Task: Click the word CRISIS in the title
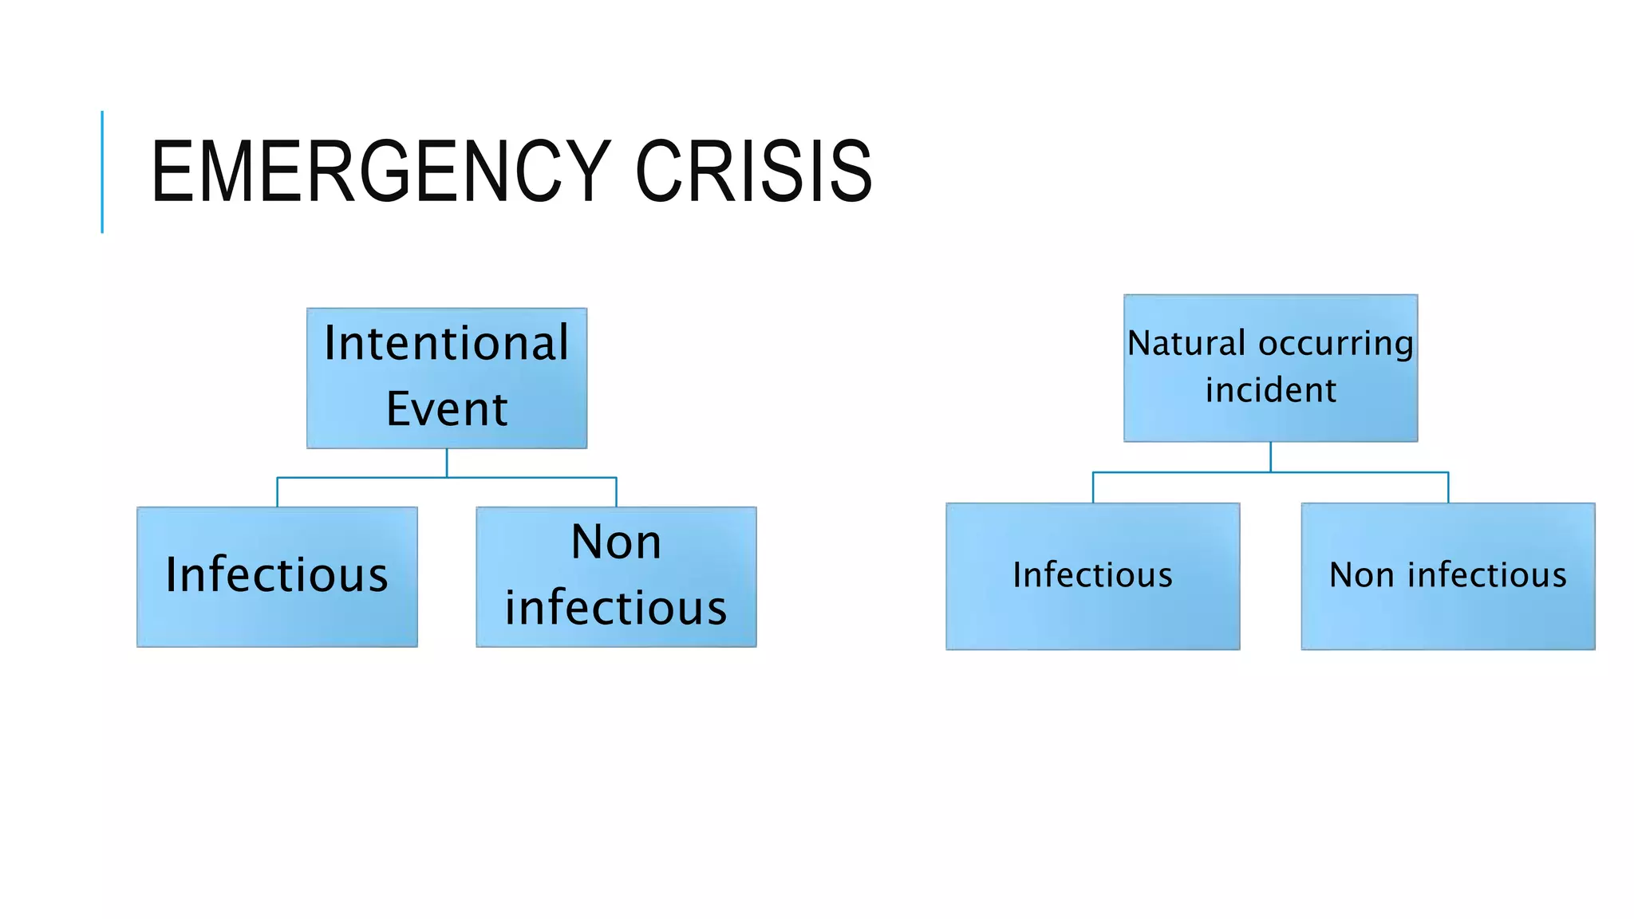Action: (x=753, y=172)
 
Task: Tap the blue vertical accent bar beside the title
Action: (x=102, y=172)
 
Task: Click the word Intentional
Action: (x=447, y=344)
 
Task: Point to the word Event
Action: (x=447, y=409)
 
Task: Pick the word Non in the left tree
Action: (x=616, y=542)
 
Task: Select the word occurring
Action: (x=1336, y=344)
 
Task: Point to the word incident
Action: (x=1270, y=390)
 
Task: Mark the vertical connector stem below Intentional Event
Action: (x=447, y=463)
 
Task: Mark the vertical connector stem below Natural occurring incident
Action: (x=1270, y=456)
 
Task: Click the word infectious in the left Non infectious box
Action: (x=616, y=608)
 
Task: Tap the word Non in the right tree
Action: (x=1361, y=575)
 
